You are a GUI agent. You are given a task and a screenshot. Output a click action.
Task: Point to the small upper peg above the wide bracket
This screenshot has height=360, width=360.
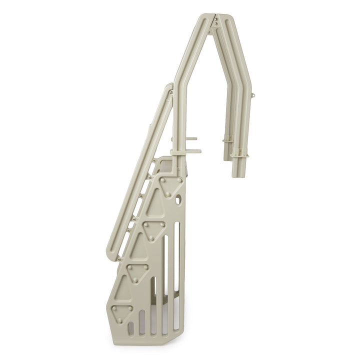(x=192, y=139)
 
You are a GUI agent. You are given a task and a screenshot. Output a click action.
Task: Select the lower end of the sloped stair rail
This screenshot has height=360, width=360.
(x=114, y=256)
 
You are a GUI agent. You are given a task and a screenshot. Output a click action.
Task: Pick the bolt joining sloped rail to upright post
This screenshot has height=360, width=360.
(x=171, y=92)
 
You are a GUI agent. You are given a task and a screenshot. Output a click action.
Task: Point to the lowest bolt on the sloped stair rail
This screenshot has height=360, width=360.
(x=119, y=258)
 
